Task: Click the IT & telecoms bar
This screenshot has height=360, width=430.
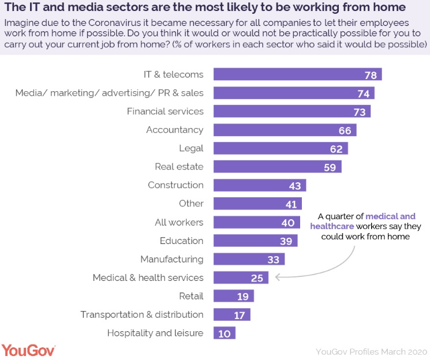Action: (297, 74)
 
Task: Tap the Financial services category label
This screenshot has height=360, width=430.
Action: (165, 111)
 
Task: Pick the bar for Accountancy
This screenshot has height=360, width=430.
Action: (285, 130)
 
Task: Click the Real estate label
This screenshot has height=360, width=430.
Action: (179, 167)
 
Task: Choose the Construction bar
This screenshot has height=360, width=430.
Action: (259, 185)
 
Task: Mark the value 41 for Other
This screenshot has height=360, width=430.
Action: (291, 204)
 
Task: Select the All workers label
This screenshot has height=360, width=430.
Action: (179, 222)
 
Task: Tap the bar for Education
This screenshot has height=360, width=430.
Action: (255, 241)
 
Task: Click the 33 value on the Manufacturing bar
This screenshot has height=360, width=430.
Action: (274, 259)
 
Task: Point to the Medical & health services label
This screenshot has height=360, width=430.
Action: (148, 277)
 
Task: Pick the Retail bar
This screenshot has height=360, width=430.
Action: (233, 296)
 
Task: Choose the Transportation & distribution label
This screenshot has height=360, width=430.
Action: (141, 314)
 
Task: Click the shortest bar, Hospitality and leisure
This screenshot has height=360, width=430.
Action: (225, 333)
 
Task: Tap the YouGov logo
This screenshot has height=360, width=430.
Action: (28, 350)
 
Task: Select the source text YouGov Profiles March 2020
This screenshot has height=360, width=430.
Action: (371, 351)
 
